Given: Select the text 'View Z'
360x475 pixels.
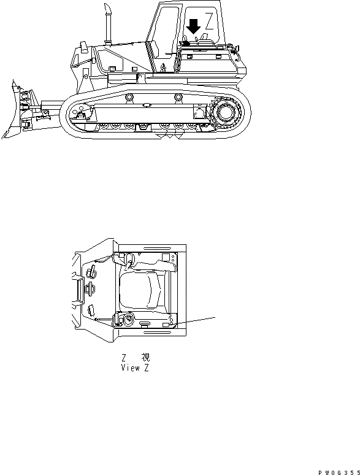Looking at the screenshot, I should [135, 368].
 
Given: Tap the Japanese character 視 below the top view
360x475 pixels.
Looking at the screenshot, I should [145, 358].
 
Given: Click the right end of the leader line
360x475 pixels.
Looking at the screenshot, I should [216, 317].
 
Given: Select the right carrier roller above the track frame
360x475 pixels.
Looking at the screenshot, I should [178, 96].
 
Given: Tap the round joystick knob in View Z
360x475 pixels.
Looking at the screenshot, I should [128, 320].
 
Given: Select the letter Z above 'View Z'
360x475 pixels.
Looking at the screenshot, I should [124, 358].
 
